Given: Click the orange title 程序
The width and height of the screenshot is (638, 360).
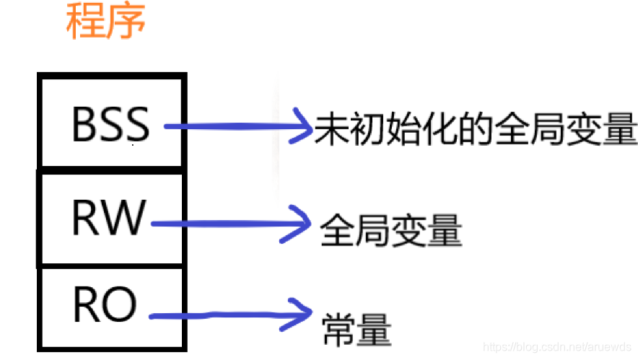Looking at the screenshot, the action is (x=105, y=22).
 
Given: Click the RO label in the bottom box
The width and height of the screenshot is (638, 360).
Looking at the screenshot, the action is (x=105, y=305).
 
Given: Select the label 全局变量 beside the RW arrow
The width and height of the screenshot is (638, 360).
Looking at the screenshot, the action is (x=390, y=231).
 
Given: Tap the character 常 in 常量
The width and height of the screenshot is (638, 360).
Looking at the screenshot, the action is (x=337, y=329).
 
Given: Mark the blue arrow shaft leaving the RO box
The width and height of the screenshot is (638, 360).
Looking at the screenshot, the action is (x=217, y=315).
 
